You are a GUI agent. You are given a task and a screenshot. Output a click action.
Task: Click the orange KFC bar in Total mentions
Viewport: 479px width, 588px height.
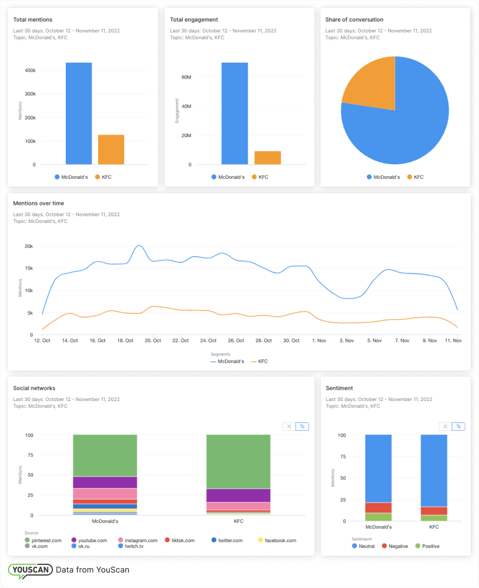tap(111, 150)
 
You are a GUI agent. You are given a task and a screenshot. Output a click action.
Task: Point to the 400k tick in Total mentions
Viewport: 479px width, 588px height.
tap(30, 70)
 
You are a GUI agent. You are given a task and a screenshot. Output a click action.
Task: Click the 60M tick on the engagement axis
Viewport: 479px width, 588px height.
tap(186, 77)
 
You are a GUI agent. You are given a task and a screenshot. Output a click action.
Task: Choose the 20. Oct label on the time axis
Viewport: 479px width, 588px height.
tap(153, 340)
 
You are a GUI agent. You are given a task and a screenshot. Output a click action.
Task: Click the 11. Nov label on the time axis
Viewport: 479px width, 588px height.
tap(453, 340)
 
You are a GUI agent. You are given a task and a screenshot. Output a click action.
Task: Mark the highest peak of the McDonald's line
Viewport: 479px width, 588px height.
tap(139, 246)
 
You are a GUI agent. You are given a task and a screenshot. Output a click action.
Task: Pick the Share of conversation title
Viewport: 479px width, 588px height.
tap(354, 19)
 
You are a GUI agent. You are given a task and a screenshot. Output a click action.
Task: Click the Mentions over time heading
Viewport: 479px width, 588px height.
tap(39, 203)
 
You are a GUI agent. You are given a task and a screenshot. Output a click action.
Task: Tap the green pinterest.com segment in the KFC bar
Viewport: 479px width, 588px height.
tap(238, 461)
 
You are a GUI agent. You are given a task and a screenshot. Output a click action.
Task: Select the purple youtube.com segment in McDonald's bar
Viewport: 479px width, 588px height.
tap(105, 482)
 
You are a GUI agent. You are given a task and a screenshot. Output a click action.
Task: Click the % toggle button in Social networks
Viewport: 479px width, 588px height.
tap(302, 426)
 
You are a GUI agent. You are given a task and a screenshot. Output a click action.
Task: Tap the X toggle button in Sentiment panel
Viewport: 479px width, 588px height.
tap(445, 426)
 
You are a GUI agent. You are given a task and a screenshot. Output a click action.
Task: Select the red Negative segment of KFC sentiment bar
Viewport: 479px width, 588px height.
tap(434, 511)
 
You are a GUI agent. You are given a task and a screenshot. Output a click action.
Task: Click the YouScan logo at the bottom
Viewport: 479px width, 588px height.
tap(30, 570)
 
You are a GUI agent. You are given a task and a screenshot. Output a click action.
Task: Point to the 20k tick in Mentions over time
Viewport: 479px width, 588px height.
tap(29, 246)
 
